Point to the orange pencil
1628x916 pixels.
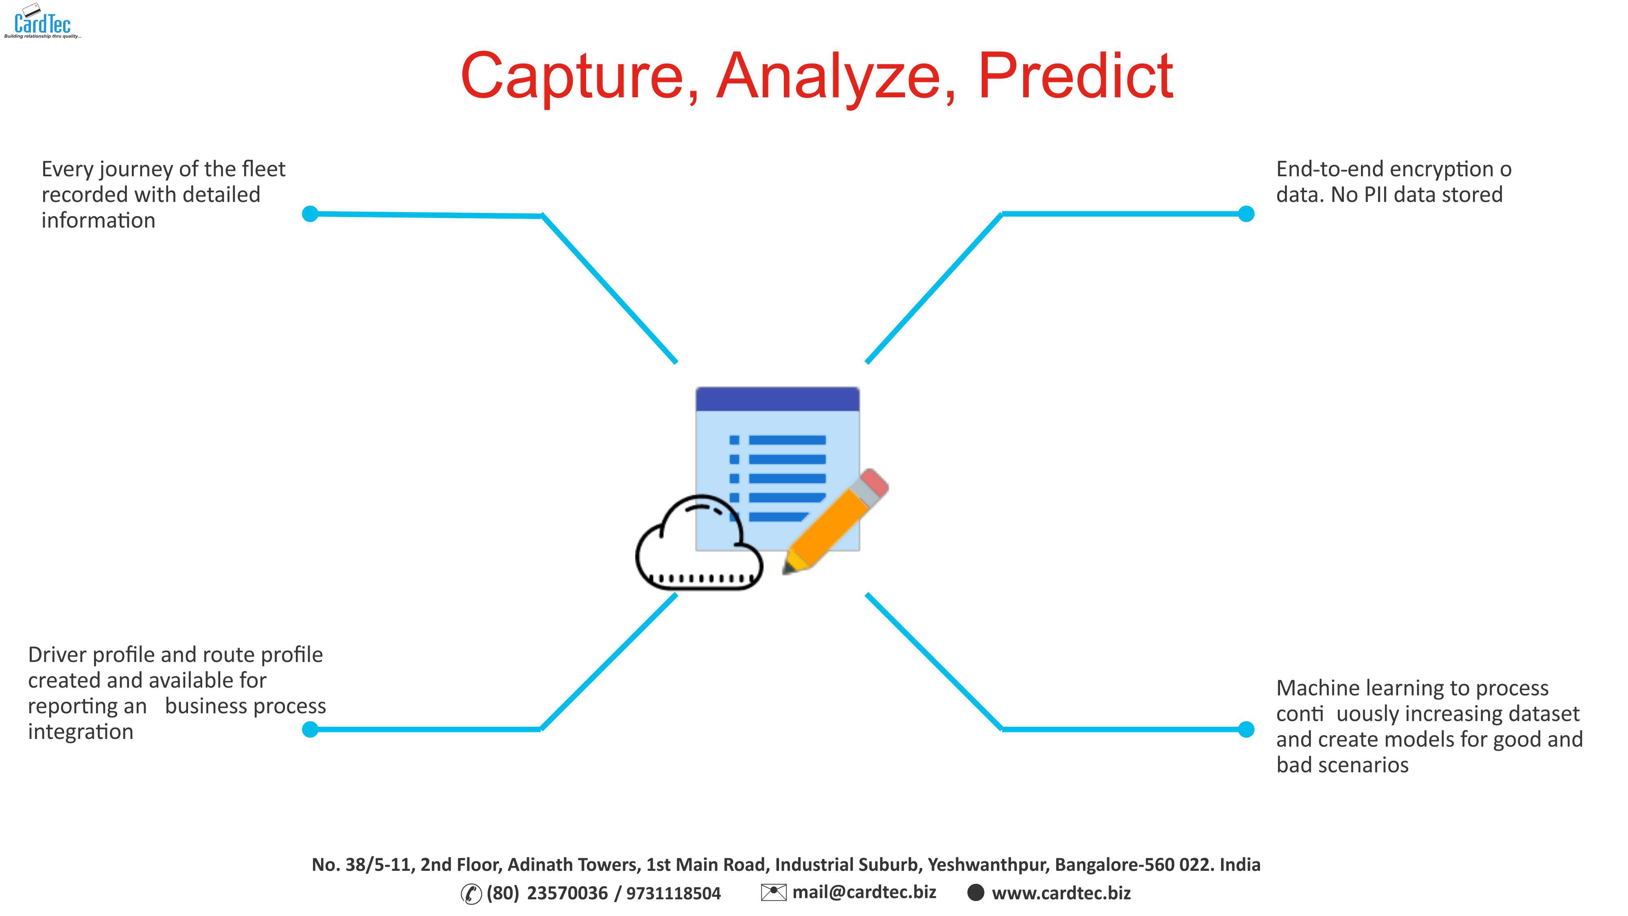(836, 521)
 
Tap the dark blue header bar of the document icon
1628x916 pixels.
(777, 399)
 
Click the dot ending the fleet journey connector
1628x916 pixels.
(310, 214)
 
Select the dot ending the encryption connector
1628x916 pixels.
(1246, 214)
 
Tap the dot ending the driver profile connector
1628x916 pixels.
(310, 730)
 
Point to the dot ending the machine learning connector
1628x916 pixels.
(1246, 730)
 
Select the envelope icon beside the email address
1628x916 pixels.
(774, 892)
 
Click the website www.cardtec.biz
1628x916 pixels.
(1061, 893)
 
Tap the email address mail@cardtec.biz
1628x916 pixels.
(864, 892)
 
